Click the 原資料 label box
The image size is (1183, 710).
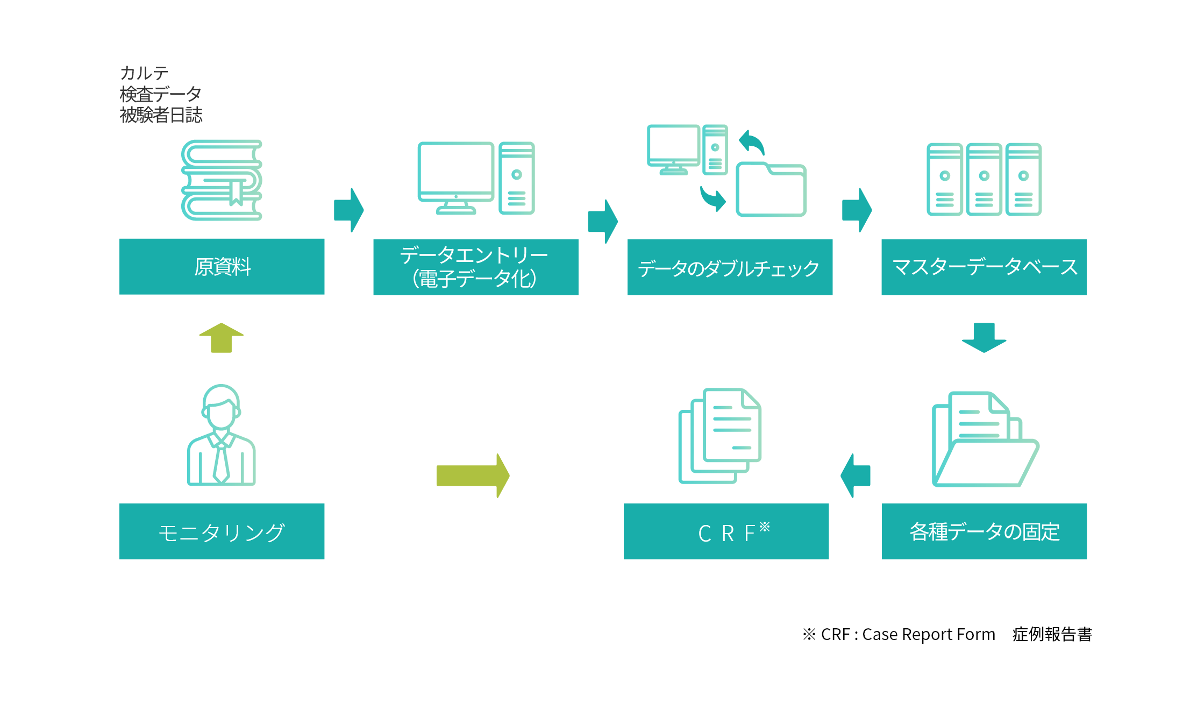coord(222,266)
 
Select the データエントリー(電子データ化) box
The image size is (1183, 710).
coord(476,267)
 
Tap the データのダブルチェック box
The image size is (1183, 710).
coord(730,267)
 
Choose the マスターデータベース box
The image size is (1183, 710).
coord(984,267)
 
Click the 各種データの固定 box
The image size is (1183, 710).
coord(984,531)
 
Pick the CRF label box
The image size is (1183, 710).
coord(726,531)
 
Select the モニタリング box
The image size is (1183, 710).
coord(222,531)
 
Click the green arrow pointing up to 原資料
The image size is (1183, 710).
coord(221,338)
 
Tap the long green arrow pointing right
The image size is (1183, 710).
coord(473,475)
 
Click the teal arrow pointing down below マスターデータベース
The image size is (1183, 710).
coord(984,338)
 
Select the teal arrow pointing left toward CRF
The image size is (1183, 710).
coord(855,475)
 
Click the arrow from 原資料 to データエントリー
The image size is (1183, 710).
coord(348,210)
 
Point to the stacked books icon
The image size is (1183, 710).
coord(222,180)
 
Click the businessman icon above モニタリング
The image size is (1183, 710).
coord(221,435)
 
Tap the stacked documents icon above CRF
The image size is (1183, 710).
coord(719,436)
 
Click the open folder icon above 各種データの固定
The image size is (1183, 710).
coord(985,439)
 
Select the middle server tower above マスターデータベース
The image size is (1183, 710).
coord(984,180)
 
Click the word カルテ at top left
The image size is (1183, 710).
coord(144,73)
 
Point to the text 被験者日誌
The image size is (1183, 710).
coord(161,115)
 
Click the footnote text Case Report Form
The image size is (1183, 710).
coord(929,635)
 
